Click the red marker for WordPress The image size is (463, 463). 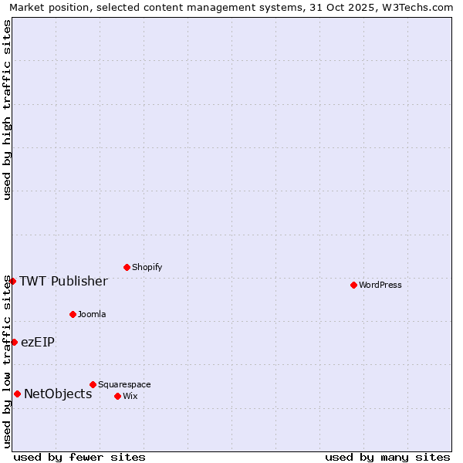[x=353, y=285]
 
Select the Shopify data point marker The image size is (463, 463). [x=127, y=267]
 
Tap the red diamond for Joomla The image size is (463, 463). [x=73, y=314]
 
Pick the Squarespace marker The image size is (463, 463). [x=93, y=384]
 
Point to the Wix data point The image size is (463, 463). [x=117, y=396]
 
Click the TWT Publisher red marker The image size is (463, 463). [x=12, y=281]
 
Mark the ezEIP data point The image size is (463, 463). [x=14, y=342]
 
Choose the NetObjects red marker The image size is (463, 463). [x=17, y=394]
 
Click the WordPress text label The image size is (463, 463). [x=380, y=285]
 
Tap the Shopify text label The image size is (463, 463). [x=147, y=267]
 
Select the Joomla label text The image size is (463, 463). [x=92, y=314]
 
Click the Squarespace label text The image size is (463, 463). [x=124, y=384]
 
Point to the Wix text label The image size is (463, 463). [x=130, y=396]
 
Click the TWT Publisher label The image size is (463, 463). [x=63, y=281]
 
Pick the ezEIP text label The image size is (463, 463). [x=38, y=342]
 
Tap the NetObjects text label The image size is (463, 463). [x=58, y=394]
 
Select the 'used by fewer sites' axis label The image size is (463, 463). [x=79, y=457]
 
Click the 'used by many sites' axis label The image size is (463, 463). [x=387, y=457]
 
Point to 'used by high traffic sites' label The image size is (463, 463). [x=8, y=110]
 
